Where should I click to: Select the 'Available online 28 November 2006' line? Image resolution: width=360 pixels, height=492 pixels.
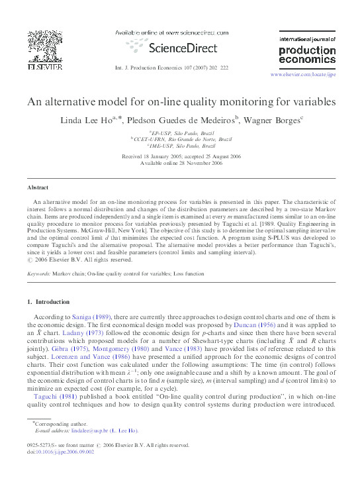coord(181,164)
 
